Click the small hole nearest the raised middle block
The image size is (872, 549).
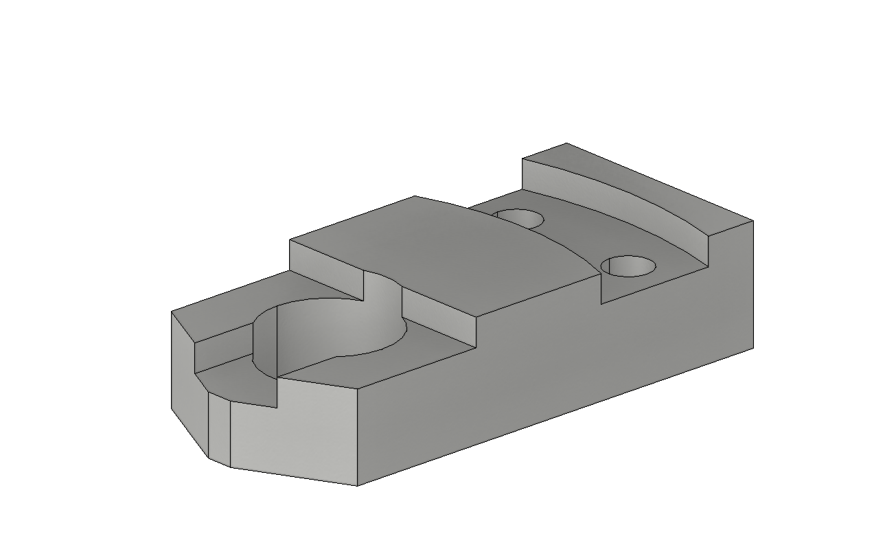520,218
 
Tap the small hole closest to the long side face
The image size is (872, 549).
628,266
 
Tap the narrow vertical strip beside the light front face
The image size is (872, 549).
219,429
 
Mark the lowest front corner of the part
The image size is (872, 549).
357,485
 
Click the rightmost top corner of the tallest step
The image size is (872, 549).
753,221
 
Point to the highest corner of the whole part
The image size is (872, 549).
566,143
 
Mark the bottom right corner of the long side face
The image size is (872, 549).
753,347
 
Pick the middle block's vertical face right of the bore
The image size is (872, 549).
439,316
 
